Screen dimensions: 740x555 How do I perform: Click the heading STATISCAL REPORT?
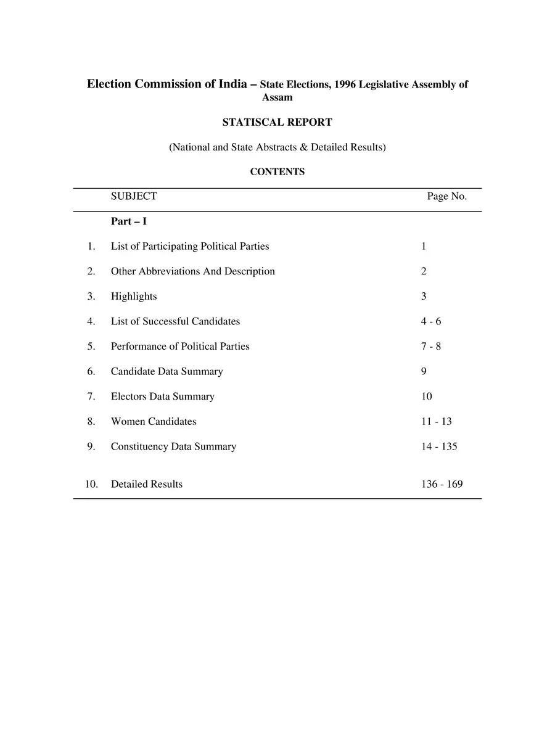coord(277,122)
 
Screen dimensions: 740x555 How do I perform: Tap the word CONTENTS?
coord(277,172)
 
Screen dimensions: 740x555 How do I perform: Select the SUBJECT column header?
coord(134,196)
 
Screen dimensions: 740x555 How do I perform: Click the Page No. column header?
coord(447,196)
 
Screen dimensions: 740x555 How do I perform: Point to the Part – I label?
coord(128,221)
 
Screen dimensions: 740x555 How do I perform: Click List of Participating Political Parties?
coord(190,246)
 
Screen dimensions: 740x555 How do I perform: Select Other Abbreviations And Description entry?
coord(193,271)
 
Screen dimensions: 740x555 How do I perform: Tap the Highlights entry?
coord(134,296)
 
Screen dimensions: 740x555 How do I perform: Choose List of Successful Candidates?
coord(175,321)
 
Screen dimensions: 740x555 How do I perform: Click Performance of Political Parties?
coord(180,346)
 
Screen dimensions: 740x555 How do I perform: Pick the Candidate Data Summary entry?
coord(166,371)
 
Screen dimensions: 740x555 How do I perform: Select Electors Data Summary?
coord(163,397)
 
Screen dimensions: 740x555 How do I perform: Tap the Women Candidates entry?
coord(154,421)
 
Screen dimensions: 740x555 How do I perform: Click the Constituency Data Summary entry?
coord(173,446)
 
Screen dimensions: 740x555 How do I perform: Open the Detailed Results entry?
coord(147,484)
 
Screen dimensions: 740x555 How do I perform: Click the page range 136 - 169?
coord(442,484)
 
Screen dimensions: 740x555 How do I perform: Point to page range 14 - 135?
coord(439,446)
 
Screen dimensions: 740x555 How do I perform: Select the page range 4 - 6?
coord(431,321)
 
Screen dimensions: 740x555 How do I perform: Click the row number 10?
coord(91,484)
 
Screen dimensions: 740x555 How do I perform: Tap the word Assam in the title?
coord(277,97)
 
